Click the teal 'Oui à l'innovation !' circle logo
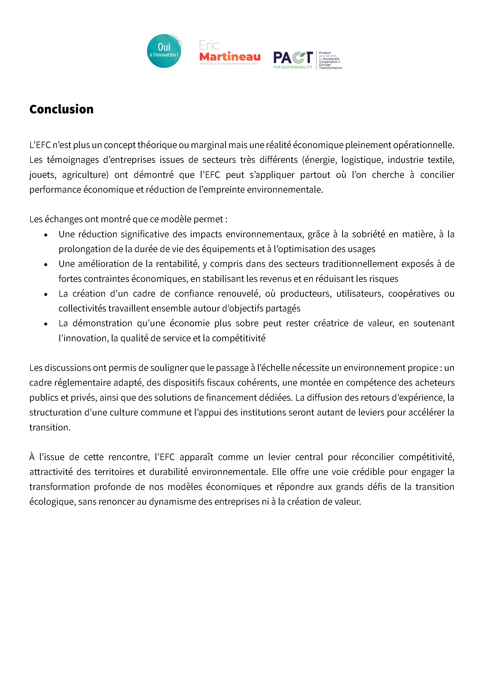pyautogui.click(x=164, y=51)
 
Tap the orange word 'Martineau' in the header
pyautogui.click(x=230, y=57)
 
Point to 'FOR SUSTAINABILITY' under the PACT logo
pyautogui.click(x=293, y=67)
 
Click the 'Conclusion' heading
pyautogui.click(x=61, y=109)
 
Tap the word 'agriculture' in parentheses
pyautogui.click(x=85, y=175)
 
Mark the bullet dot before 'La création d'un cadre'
pyautogui.click(x=46, y=295)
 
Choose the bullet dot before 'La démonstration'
pyautogui.click(x=46, y=324)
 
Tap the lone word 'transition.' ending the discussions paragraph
pyautogui.click(x=50, y=427)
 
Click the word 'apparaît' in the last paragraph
pyautogui.click(x=196, y=457)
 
